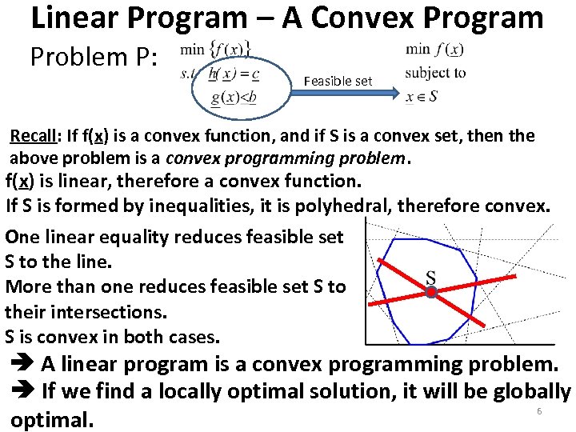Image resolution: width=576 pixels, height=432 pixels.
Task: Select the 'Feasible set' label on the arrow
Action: click(x=338, y=81)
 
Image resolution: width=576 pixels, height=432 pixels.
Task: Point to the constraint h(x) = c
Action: click(x=233, y=74)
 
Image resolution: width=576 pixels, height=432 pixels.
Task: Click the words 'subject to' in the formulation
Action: click(x=435, y=73)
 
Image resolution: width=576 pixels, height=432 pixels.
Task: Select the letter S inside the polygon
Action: click(x=430, y=278)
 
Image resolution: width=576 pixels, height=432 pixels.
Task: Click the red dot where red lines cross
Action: click(x=430, y=293)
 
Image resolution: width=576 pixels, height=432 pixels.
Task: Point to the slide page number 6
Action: click(x=538, y=411)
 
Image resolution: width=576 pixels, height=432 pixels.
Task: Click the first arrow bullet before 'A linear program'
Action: click(x=22, y=365)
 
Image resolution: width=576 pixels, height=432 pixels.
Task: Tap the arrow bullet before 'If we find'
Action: click(x=22, y=392)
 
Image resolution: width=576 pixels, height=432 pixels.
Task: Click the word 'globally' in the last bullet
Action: click(x=530, y=391)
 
